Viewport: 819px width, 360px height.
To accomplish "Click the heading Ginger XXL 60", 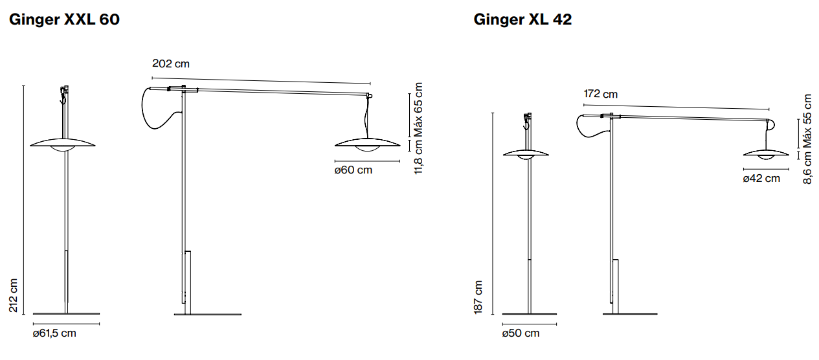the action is [x=64, y=19].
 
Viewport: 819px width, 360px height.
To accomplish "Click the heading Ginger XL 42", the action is [x=522, y=19].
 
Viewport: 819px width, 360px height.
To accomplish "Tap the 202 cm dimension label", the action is [x=171, y=63].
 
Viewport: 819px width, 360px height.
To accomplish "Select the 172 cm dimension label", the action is [x=601, y=94].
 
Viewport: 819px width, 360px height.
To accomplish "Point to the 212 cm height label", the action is [x=13, y=295].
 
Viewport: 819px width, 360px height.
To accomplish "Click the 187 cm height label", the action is [x=478, y=297].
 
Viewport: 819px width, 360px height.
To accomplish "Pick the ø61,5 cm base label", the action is [x=54, y=333].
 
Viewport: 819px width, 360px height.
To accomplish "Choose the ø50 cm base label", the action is [x=521, y=333].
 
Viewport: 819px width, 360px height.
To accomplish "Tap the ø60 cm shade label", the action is [x=353, y=170].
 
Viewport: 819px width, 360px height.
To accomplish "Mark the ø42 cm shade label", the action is [x=761, y=178].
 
